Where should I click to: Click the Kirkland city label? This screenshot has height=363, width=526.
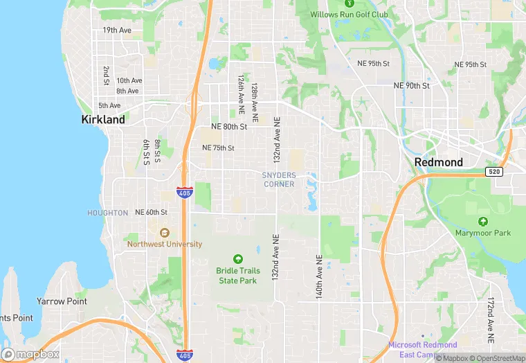[x=103, y=119]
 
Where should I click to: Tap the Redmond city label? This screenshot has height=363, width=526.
[x=438, y=162]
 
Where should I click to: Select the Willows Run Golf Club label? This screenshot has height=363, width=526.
[x=348, y=15]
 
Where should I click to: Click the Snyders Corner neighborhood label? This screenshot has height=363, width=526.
[x=279, y=179]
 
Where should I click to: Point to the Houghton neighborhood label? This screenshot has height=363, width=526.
[x=107, y=213]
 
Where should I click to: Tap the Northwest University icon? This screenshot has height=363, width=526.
[x=165, y=233]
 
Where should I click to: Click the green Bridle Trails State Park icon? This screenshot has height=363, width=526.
[x=238, y=258]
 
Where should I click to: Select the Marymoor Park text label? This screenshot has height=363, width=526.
[x=482, y=233]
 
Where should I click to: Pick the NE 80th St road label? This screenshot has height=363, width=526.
[x=229, y=127]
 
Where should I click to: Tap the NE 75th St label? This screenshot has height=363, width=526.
[x=218, y=148]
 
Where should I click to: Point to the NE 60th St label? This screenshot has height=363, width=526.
[x=151, y=212]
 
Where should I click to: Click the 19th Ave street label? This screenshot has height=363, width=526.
[x=116, y=30]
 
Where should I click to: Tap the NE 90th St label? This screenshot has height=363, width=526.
[x=411, y=86]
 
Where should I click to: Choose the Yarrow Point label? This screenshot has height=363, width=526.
[x=62, y=301]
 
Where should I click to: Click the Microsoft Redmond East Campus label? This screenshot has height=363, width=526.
[x=422, y=349]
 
